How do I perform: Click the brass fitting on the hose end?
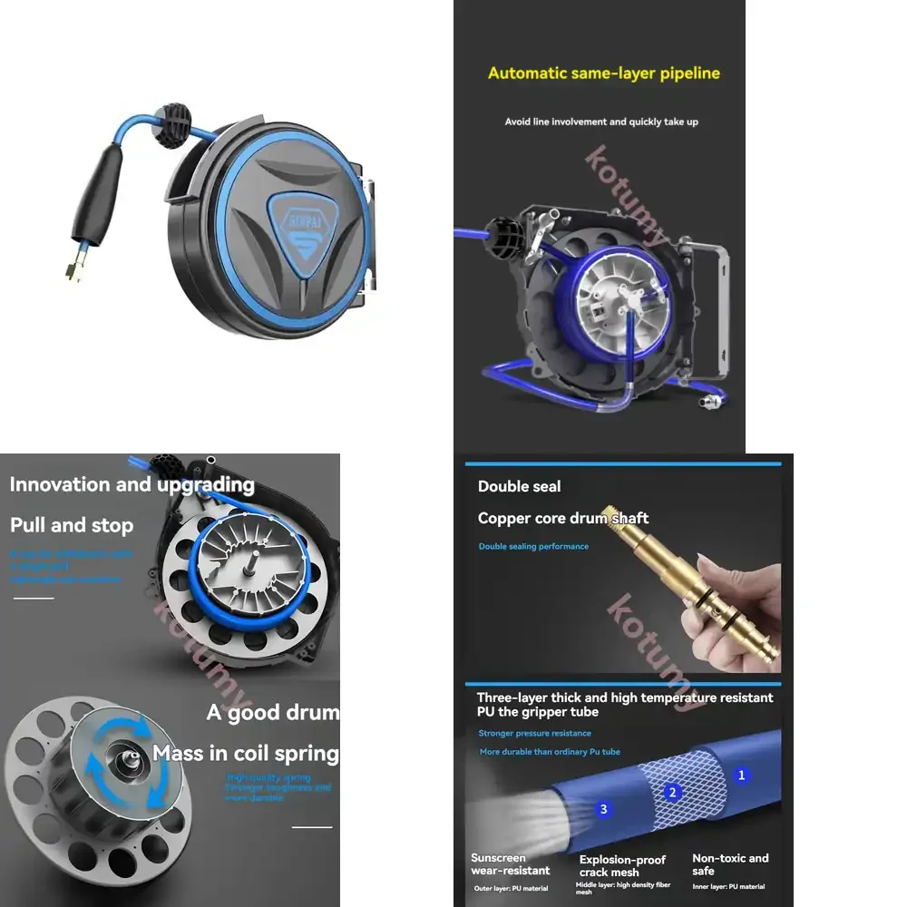click(73, 268)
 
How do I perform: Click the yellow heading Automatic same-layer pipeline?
click(604, 73)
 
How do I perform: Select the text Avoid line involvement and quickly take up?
click(601, 122)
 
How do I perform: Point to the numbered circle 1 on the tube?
click(741, 775)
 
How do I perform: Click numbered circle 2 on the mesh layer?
click(672, 793)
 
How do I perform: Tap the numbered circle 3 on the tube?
click(604, 808)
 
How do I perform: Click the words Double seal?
click(520, 486)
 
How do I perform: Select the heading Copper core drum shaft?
click(563, 519)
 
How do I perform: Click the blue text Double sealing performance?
click(533, 547)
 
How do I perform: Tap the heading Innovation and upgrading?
click(132, 484)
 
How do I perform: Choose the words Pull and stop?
click(72, 525)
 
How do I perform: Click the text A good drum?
click(272, 713)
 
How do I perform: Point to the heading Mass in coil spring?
click(245, 754)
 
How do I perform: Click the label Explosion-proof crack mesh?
click(622, 866)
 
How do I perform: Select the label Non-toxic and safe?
click(730, 864)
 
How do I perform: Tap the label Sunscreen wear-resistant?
click(511, 864)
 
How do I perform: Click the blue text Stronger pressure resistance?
click(535, 734)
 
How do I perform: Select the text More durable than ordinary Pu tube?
click(550, 753)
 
